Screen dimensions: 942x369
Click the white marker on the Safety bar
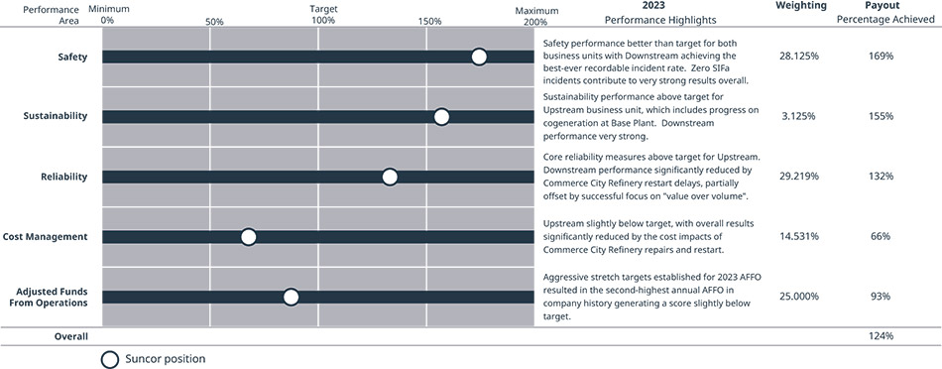[x=479, y=58]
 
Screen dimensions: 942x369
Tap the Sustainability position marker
[x=441, y=117]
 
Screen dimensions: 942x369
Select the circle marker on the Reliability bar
[x=390, y=177]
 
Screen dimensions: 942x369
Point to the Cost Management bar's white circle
[x=248, y=237]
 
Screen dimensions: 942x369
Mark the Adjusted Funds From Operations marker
[x=291, y=297]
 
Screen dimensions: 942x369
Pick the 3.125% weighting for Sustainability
[x=799, y=117]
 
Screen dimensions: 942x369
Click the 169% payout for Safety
[x=882, y=57]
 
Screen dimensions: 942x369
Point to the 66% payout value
[x=882, y=237]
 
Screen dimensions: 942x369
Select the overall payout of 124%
[x=882, y=336]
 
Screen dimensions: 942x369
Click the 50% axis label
[x=214, y=22]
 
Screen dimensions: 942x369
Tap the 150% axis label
[x=429, y=22]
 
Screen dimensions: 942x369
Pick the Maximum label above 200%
[x=536, y=11]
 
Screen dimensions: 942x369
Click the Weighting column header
[x=801, y=6]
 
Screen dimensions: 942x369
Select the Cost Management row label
[x=45, y=237]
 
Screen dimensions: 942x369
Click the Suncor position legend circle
[x=110, y=359]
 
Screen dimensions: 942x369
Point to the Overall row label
[x=70, y=336]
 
